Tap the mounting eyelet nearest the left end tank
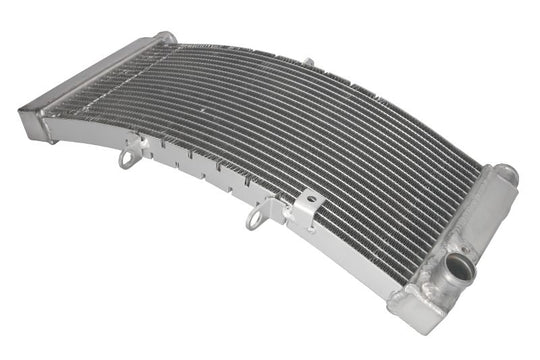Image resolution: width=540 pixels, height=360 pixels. click(128, 157)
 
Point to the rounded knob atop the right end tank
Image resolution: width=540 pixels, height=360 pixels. click(506, 174)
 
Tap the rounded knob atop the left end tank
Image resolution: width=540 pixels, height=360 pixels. click(165, 39)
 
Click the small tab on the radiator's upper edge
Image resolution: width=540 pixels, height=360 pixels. click(309, 64)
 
